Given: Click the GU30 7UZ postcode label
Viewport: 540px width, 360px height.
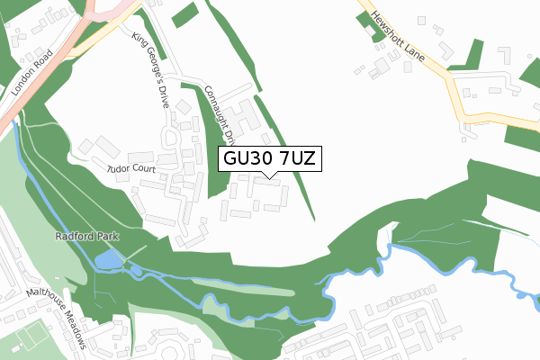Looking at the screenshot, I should click(268, 159).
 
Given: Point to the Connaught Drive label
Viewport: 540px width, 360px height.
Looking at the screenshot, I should click(220, 113).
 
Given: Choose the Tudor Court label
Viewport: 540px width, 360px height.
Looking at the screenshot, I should click(131, 168).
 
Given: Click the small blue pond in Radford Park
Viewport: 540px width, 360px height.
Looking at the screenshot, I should click(105, 261).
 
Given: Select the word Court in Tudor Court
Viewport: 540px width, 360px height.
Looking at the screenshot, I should click(144, 168).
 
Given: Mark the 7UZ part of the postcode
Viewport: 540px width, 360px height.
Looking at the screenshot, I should click(295, 159).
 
